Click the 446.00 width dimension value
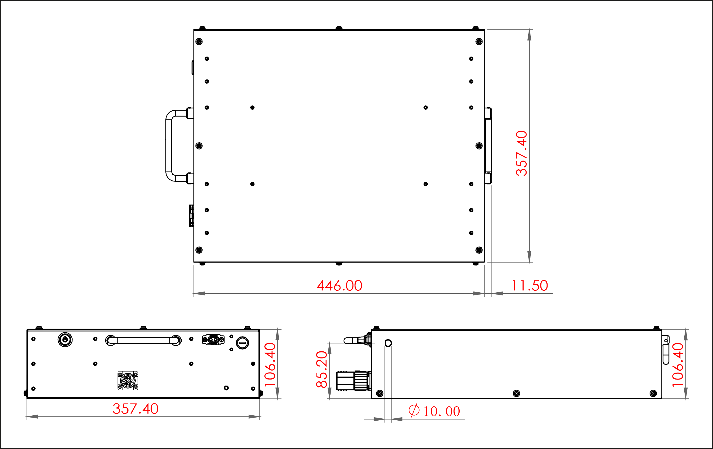tap(339, 286)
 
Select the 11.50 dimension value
tap(530, 286)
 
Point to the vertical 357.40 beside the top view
tap(522, 153)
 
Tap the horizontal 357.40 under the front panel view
tap(136, 409)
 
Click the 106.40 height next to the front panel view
tap(270, 365)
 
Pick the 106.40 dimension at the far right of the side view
tap(678, 365)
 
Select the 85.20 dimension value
tap(322, 369)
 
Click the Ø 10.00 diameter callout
tap(434, 411)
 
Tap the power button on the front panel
tap(65, 340)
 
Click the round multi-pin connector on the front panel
tap(128, 381)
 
